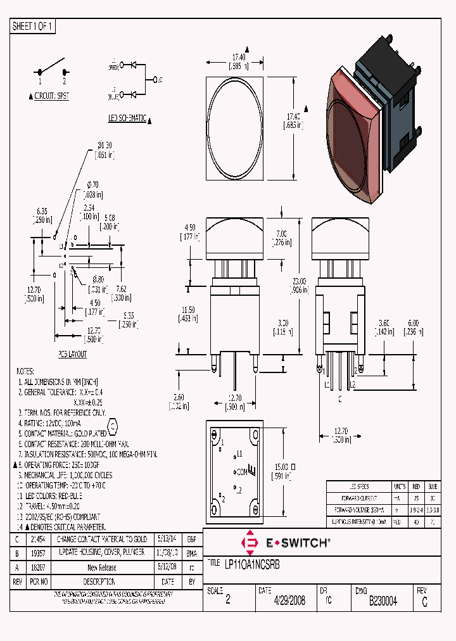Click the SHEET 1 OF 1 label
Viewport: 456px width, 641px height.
pos(34,26)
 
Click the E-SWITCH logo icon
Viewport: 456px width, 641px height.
pos(250,543)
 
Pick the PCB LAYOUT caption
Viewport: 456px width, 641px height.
pos(73,355)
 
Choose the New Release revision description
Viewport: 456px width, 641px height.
pos(101,568)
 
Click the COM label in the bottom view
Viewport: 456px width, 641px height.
pos(241,471)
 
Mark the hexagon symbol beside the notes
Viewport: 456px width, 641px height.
pos(113,426)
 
